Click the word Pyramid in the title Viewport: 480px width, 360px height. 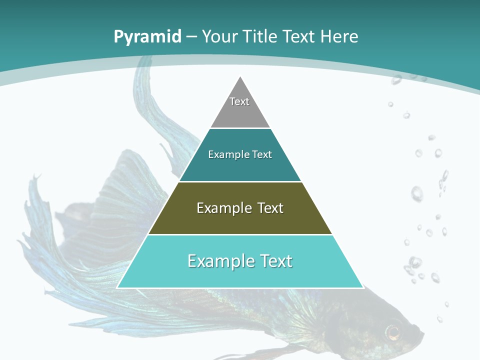tap(147, 37)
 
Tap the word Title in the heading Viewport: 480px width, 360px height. tap(259, 37)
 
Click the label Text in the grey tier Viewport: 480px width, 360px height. tap(239, 101)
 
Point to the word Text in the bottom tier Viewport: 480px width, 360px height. tap(273, 261)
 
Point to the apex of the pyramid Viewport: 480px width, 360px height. tap(240, 77)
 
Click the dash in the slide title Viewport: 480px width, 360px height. tap(192, 37)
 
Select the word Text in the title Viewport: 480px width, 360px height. tap(299, 37)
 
